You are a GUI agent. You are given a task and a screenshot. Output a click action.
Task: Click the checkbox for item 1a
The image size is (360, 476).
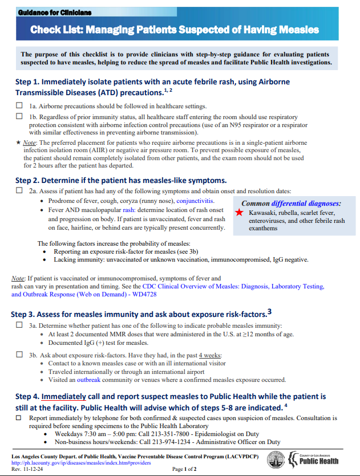19,106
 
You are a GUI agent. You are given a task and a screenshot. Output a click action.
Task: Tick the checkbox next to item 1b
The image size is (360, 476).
19,116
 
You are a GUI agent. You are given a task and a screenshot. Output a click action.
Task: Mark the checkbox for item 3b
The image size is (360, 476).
19,355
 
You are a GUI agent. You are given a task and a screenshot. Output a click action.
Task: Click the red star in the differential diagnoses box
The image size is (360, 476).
238,213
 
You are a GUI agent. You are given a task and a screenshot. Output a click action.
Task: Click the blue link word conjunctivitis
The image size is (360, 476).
196,201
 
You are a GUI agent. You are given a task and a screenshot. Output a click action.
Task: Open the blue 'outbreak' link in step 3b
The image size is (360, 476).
88,380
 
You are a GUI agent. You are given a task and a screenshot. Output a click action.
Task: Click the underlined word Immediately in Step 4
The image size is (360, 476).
64,396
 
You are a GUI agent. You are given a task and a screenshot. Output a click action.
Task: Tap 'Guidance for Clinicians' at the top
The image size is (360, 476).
54,12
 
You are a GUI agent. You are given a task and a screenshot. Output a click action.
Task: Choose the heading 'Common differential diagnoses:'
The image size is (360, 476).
291,204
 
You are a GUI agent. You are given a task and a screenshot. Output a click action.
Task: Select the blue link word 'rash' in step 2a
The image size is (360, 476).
129,210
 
